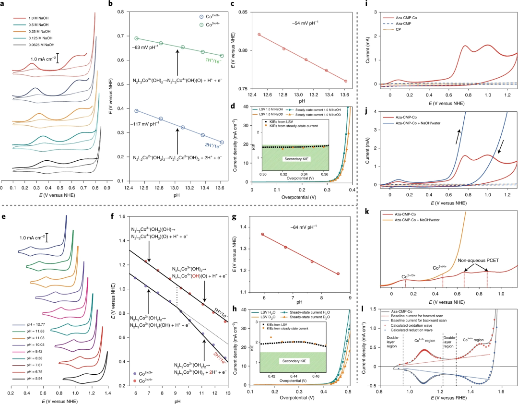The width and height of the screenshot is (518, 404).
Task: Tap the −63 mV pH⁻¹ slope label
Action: [146, 46]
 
